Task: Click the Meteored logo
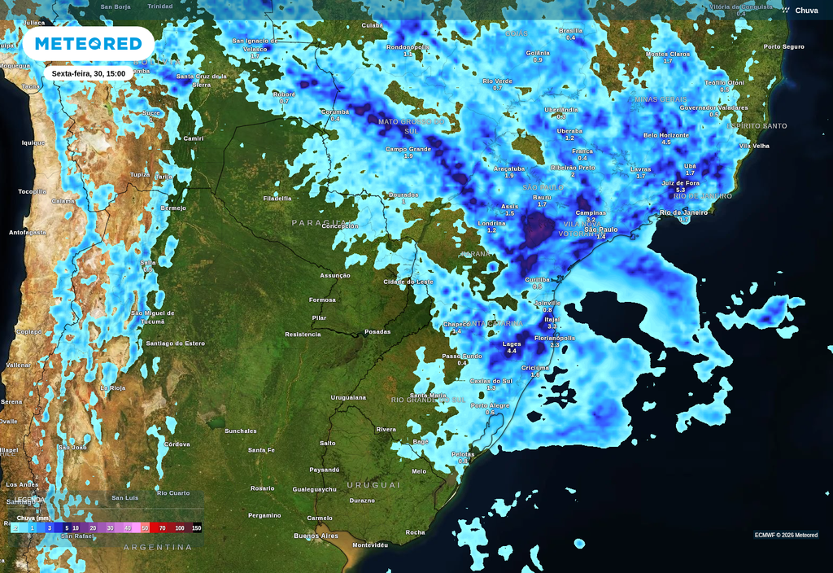click(x=88, y=43)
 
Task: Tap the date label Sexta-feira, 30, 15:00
click(x=88, y=73)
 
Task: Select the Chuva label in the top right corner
click(x=806, y=11)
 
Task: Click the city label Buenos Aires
click(x=316, y=536)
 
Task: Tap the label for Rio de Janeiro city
click(x=683, y=212)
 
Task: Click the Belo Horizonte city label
click(x=666, y=135)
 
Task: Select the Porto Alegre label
click(x=490, y=405)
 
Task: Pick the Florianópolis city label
click(x=555, y=338)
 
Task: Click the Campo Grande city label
click(x=408, y=149)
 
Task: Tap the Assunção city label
click(x=335, y=275)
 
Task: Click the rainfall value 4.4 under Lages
click(x=512, y=351)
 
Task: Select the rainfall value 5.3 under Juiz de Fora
click(x=681, y=190)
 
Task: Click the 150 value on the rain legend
click(x=196, y=528)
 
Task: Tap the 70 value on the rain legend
click(x=162, y=528)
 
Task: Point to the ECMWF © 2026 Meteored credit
click(x=786, y=535)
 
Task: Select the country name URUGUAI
click(x=373, y=484)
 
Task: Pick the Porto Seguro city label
click(x=783, y=46)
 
